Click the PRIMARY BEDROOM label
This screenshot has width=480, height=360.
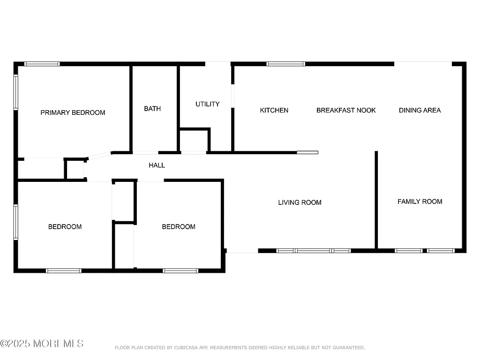point(73,112)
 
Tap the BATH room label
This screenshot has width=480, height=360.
point(152,109)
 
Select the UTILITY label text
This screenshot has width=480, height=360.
point(207,104)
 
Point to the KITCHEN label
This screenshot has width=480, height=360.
point(274,110)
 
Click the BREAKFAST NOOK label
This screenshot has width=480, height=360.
point(346,110)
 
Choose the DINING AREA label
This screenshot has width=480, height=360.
point(420,110)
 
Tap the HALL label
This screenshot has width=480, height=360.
point(157,165)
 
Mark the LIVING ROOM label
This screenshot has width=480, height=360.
point(300,202)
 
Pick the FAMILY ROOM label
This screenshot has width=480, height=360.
point(420,202)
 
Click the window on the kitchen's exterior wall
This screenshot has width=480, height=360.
point(285,64)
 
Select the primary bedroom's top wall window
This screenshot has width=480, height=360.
point(42,64)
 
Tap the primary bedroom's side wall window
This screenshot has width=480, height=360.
point(16,92)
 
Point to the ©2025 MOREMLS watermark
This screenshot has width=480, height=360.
point(42,344)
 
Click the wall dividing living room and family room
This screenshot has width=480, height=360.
point(376,199)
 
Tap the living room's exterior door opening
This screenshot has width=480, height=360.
point(241,251)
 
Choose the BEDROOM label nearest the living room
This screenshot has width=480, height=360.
point(179,227)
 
